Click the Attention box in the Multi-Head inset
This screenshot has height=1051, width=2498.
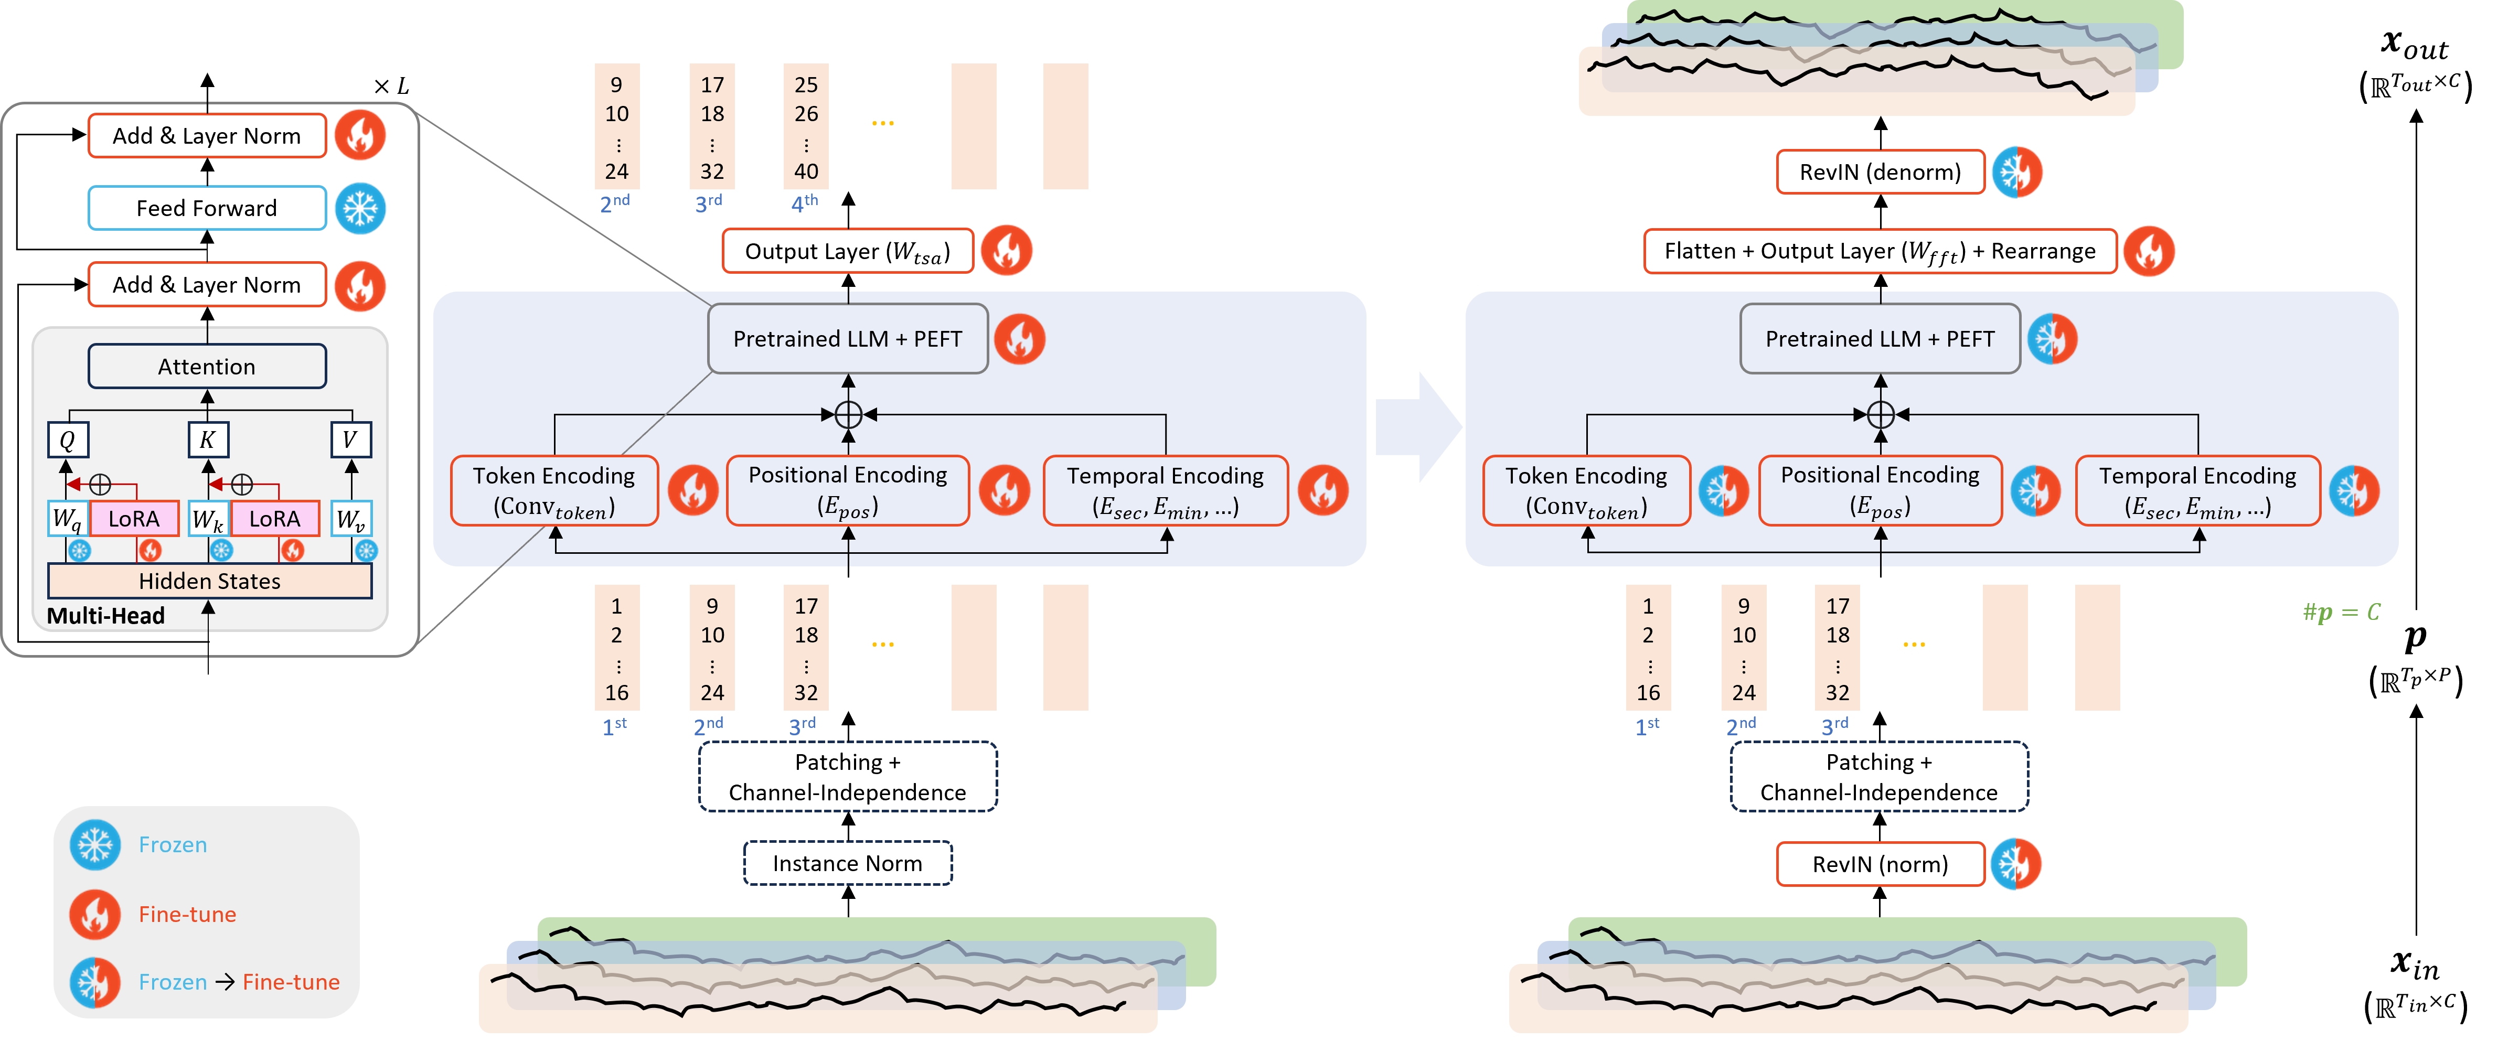click(207, 367)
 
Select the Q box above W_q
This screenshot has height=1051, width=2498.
click(68, 440)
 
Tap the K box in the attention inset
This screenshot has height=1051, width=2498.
click(208, 440)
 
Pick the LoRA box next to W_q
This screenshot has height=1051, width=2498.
click(134, 519)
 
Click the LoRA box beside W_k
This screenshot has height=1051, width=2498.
click(274, 519)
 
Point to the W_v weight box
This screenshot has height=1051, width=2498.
click(350, 519)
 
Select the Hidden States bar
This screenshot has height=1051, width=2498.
click(209, 581)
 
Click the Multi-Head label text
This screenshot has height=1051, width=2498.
click(105, 616)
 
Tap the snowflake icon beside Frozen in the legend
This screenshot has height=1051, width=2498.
click(95, 844)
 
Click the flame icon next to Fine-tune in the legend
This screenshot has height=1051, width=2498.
click(95, 914)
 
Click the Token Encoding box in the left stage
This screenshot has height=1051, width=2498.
click(554, 490)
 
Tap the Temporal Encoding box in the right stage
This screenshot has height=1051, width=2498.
click(2197, 490)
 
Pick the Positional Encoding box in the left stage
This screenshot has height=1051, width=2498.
click(848, 490)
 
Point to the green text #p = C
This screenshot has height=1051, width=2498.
click(2341, 612)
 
